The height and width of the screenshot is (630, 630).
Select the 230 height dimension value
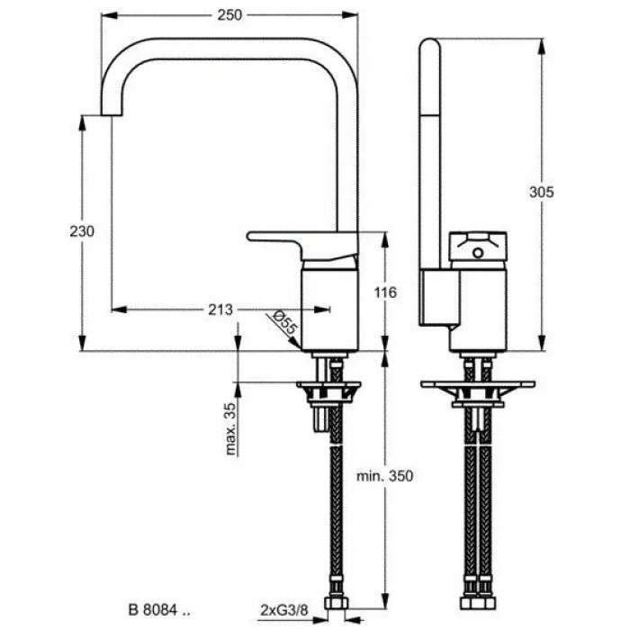[x=82, y=231]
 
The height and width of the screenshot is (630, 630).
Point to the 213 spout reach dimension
[x=220, y=310]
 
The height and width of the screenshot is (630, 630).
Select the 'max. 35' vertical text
[x=231, y=430]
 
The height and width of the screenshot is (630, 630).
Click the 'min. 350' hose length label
[x=386, y=477]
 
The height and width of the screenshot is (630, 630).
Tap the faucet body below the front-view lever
[x=329, y=306]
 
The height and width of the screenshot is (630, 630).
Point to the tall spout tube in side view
[x=430, y=153]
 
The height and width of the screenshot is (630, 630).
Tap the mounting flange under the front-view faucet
[x=328, y=389]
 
